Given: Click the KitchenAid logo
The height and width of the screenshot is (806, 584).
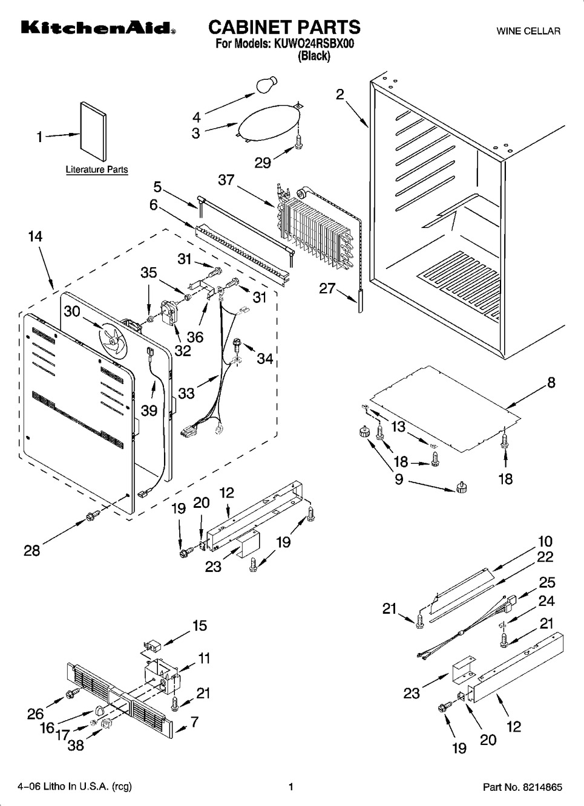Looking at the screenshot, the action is pos(98,28).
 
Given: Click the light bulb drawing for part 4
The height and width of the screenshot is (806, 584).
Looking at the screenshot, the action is pos(266,84).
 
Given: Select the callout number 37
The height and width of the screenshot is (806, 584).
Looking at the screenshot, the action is pos(226,180).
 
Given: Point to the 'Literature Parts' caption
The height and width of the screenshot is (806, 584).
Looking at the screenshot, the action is pos(97,169).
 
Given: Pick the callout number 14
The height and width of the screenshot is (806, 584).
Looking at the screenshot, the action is pos(36,236).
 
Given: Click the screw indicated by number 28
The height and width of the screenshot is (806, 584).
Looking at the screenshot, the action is pos(91,517).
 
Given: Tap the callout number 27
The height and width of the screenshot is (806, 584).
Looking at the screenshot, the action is pos(327,288).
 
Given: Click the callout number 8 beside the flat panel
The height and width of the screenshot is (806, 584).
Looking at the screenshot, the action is pos(551,382).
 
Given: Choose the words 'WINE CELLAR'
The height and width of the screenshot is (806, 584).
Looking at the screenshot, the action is pos(528,31).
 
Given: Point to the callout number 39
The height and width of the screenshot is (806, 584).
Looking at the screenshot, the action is pos(149,410).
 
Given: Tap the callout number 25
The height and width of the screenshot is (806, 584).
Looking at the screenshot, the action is pos(547,582).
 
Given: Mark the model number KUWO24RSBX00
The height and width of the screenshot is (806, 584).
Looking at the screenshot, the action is pos(313,44).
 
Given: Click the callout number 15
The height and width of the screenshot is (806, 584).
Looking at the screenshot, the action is pos(200,625).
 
